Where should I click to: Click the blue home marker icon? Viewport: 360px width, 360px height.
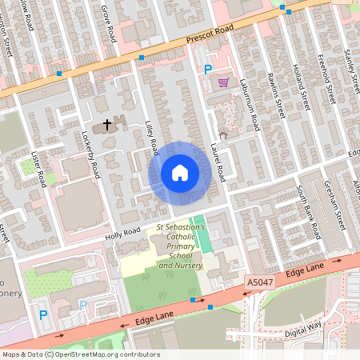[180, 172]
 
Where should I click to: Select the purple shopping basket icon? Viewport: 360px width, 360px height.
[223, 82]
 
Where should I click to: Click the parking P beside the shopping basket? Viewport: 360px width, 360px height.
[208, 70]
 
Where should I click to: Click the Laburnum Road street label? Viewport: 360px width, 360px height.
[254, 110]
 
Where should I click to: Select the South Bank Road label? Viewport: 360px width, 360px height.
[308, 210]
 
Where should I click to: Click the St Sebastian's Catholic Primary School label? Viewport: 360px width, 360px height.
[181, 246]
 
